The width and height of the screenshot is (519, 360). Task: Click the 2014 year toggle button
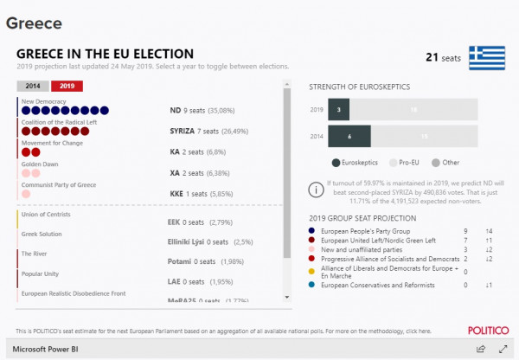[33, 86]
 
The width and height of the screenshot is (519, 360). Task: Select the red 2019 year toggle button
[67, 86]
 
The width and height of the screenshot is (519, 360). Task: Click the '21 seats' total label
[442, 58]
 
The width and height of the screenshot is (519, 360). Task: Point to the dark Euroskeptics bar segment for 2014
[349, 136]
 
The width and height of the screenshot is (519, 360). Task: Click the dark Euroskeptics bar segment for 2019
[339, 110]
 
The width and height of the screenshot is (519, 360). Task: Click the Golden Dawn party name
[39, 164]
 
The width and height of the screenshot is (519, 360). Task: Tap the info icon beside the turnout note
[316, 189]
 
